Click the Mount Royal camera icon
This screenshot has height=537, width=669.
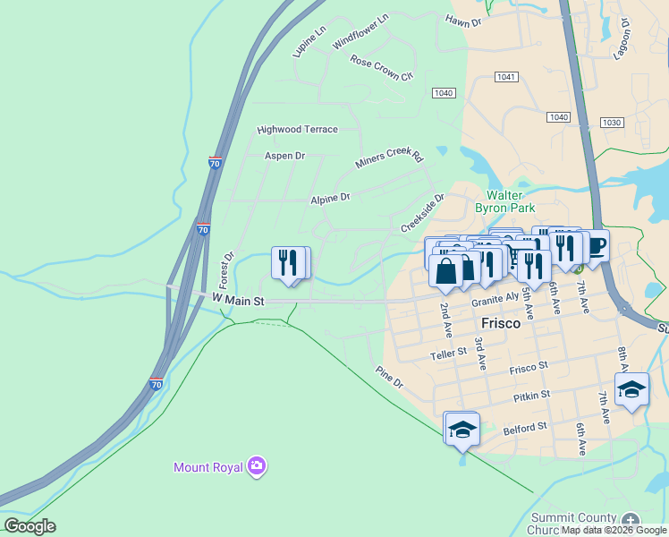click(258, 465)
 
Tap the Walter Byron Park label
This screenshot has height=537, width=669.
click(510, 201)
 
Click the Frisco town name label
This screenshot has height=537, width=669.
click(500, 323)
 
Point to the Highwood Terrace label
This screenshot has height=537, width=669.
click(297, 130)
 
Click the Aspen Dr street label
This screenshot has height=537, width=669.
click(284, 156)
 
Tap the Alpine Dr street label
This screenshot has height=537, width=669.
click(330, 198)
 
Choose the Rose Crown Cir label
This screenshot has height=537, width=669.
click(382, 68)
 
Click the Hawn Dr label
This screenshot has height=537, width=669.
click(463, 20)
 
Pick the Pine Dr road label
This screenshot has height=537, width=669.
click(390, 378)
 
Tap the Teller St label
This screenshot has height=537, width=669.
click(449, 354)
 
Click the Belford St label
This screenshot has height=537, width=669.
click(524, 429)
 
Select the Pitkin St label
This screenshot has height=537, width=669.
click(531, 395)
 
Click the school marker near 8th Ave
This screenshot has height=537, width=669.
click(631, 389)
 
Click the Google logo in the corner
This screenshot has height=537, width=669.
click(30, 526)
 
